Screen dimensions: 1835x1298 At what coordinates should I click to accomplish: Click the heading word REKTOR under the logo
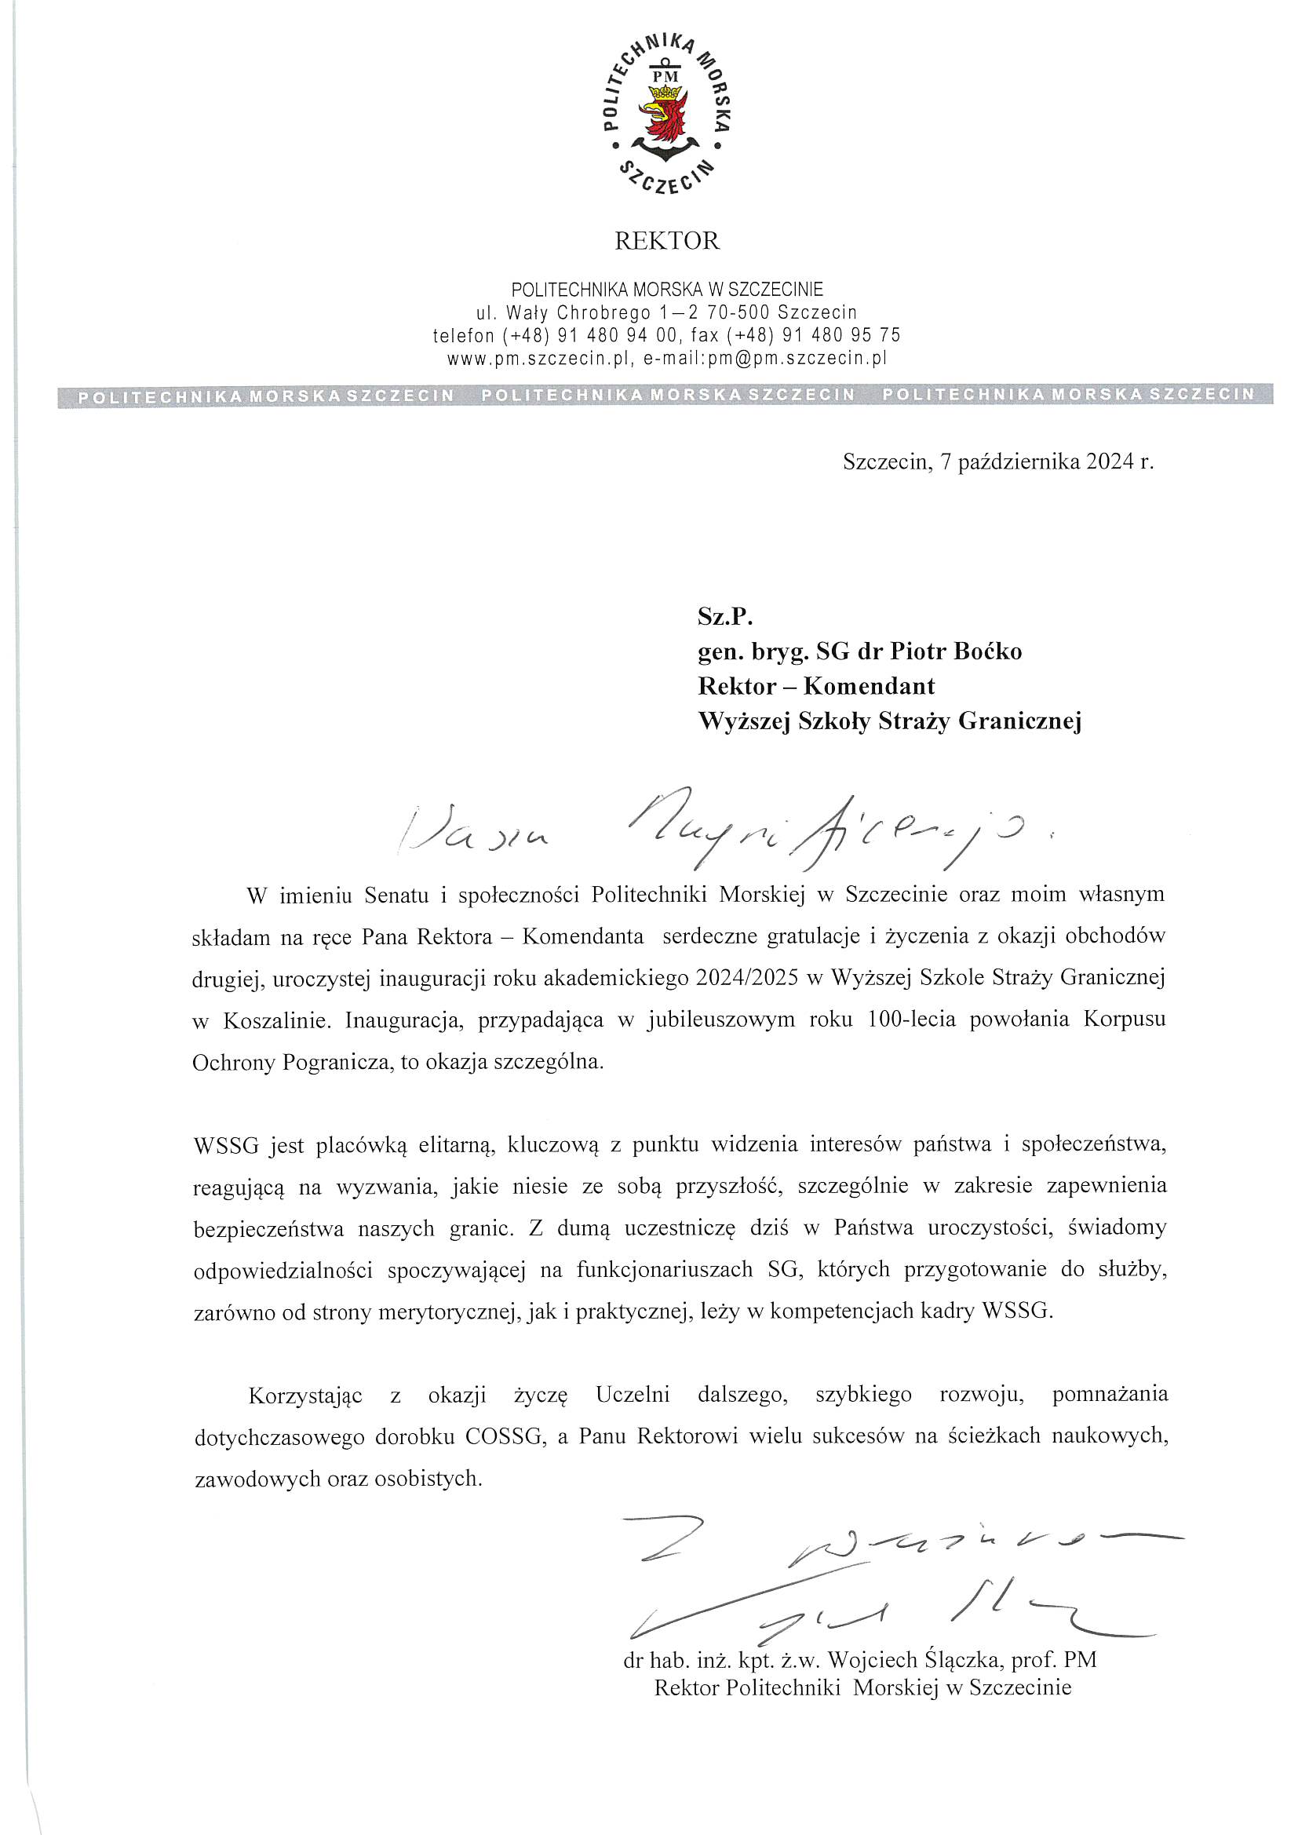click(x=666, y=241)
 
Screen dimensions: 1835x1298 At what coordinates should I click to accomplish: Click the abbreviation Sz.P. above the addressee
click(x=726, y=617)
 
